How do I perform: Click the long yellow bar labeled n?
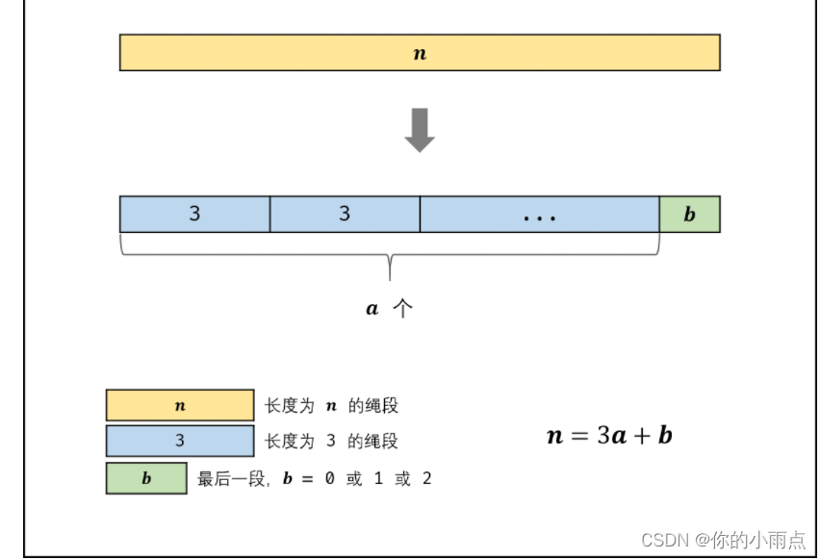[289, 53]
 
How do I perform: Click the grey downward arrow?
[420, 131]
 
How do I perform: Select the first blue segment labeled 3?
[194, 214]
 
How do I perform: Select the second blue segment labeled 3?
[345, 214]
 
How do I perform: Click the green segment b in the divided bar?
[689, 214]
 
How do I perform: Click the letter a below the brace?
[372, 310]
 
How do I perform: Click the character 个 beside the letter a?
[403, 309]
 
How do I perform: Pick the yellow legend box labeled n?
[180, 405]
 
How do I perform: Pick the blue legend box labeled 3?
[180, 442]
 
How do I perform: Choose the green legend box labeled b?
[146, 478]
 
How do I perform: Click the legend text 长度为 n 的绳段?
[331, 406]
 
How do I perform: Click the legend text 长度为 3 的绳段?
[331, 442]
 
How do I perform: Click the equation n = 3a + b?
[609, 435]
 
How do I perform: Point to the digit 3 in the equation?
[602, 435]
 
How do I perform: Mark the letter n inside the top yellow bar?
[420, 54]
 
